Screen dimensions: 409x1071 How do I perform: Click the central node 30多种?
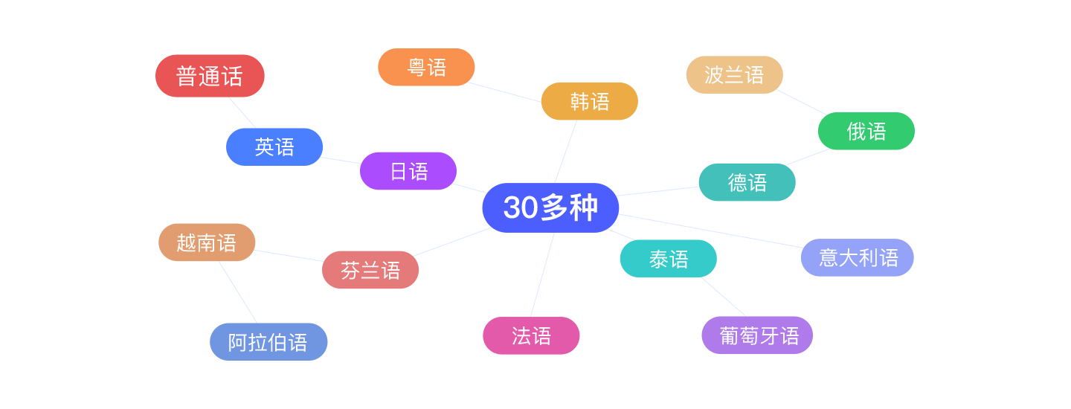click(550, 207)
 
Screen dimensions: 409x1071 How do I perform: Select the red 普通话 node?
click(210, 76)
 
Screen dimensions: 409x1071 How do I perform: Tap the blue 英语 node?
click(274, 146)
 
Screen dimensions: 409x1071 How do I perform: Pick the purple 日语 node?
click(408, 171)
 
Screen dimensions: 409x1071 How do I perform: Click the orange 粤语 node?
click(426, 68)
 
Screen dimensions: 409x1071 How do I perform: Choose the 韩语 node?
click(589, 101)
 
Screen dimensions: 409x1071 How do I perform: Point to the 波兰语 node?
click(734, 74)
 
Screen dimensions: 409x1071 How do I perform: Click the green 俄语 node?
click(866, 131)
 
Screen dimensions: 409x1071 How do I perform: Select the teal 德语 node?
click(747, 182)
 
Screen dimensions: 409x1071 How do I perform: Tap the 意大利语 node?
click(858, 257)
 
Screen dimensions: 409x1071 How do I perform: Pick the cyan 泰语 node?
click(668, 259)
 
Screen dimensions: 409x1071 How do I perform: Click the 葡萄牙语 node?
click(757, 335)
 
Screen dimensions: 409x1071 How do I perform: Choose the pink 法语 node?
click(531, 335)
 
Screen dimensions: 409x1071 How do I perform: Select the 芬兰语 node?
click(370, 270)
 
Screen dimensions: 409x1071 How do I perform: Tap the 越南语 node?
click(207, 242)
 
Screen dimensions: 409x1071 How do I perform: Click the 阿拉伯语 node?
click(268, 342)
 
